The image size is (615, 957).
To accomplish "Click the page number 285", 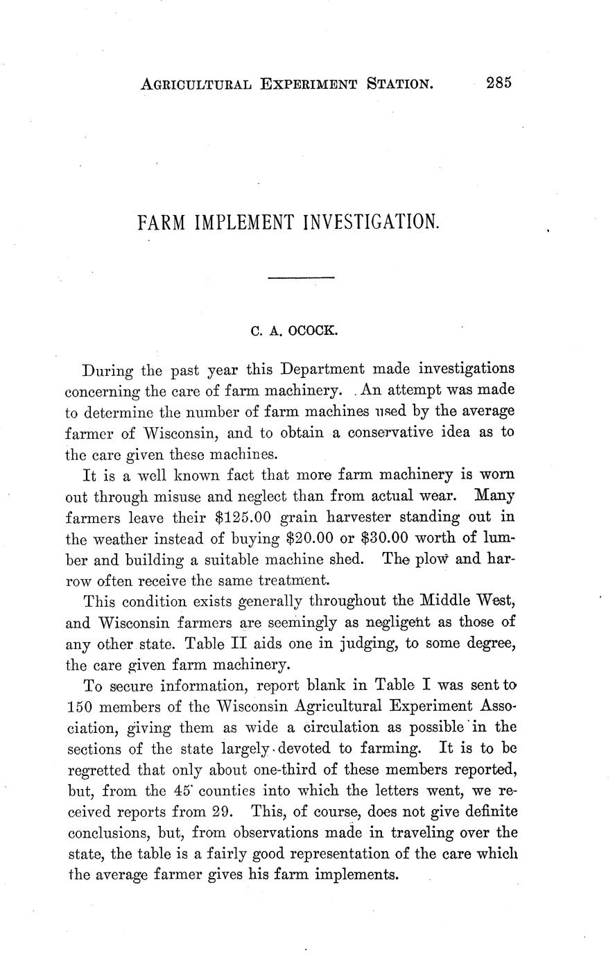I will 499,83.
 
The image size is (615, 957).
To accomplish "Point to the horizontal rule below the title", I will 301,279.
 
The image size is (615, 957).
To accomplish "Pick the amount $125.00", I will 242,517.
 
